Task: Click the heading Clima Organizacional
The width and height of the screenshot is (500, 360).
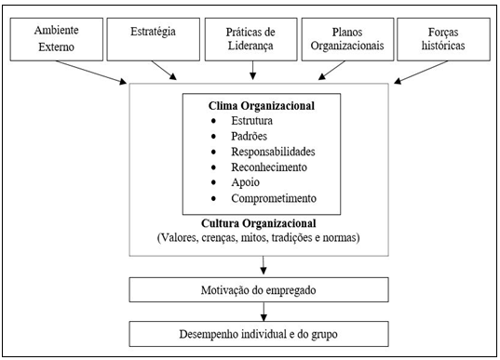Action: (x=250, y=106)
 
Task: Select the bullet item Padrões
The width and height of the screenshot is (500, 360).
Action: (x=250, y=136)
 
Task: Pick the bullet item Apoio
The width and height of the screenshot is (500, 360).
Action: (x=245, y=182)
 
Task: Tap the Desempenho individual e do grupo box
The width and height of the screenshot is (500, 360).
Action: (x=250, y=332)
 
